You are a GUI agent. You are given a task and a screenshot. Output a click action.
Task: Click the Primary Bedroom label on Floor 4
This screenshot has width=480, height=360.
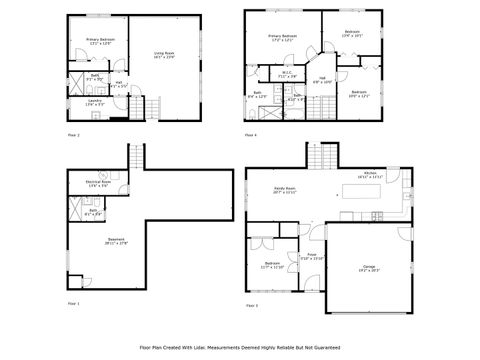click(283, 37)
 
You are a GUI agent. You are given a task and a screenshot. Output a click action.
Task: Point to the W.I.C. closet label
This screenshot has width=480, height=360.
click(285, 73)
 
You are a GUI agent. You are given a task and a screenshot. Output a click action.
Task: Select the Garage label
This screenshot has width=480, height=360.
click(369, 268)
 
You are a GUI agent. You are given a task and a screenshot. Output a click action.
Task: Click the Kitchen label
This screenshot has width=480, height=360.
click(370, 175)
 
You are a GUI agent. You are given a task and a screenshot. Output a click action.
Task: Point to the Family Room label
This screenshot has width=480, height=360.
click(284, 190)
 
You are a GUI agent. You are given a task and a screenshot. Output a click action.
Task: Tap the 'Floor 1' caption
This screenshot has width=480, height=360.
click(73, 303)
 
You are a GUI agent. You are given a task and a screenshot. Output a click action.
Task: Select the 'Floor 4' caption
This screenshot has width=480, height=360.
click(250, 134)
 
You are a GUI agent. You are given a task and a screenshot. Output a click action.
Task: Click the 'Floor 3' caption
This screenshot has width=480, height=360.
click(250, 305)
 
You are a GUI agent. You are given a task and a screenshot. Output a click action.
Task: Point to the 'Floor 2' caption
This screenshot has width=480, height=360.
click(73, 134)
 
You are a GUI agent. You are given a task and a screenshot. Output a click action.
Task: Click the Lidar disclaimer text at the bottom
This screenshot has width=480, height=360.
click(240, 347)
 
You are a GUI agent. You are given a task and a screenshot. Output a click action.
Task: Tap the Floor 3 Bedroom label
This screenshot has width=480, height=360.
click(272, 265)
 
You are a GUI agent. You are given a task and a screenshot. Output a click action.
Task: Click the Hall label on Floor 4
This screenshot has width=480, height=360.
click(323, 80)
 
